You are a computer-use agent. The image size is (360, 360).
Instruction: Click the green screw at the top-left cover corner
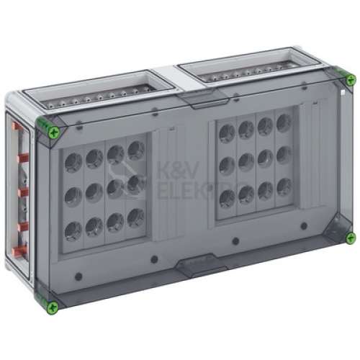[x=54, y=132]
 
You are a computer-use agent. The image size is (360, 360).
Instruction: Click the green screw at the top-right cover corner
[x=351, y=79]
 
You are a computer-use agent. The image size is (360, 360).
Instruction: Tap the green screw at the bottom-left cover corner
[x=53, y=307]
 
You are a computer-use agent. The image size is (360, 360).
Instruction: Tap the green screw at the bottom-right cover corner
[x=351, y=238]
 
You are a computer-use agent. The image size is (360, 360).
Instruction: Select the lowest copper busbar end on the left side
[x=20, y=251]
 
